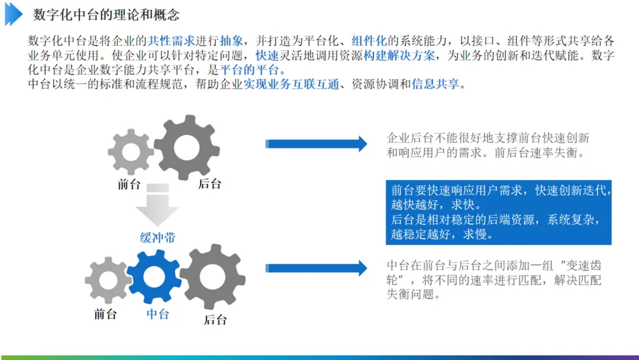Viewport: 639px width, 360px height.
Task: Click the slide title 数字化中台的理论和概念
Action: [x=106, y=15]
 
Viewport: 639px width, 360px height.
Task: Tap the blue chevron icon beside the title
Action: [x=13, y=14]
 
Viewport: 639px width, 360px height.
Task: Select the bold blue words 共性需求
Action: [x=171, y=41]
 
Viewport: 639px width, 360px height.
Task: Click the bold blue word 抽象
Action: [x=231, y=41]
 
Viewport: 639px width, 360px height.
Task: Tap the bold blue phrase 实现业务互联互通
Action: [x=291, y=84]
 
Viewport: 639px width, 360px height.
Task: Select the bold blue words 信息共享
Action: [x=435, y=84]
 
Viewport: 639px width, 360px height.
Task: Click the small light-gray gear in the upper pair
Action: [x=131, y=152]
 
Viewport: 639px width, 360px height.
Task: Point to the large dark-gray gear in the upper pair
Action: [x=186, y=147]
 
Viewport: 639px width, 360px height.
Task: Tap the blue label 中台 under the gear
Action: [x=158, y=314]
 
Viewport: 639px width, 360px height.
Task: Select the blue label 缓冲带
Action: [x=157, y=238]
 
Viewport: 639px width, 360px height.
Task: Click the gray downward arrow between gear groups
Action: [x=157, y=205]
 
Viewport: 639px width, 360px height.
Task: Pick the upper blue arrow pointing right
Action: [x=317, y=144]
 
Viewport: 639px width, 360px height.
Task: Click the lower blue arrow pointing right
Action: [x=317, y=268]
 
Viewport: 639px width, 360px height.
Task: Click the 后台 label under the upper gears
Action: [x=209, y=184]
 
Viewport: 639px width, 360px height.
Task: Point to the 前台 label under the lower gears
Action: [x=105, y=314]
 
